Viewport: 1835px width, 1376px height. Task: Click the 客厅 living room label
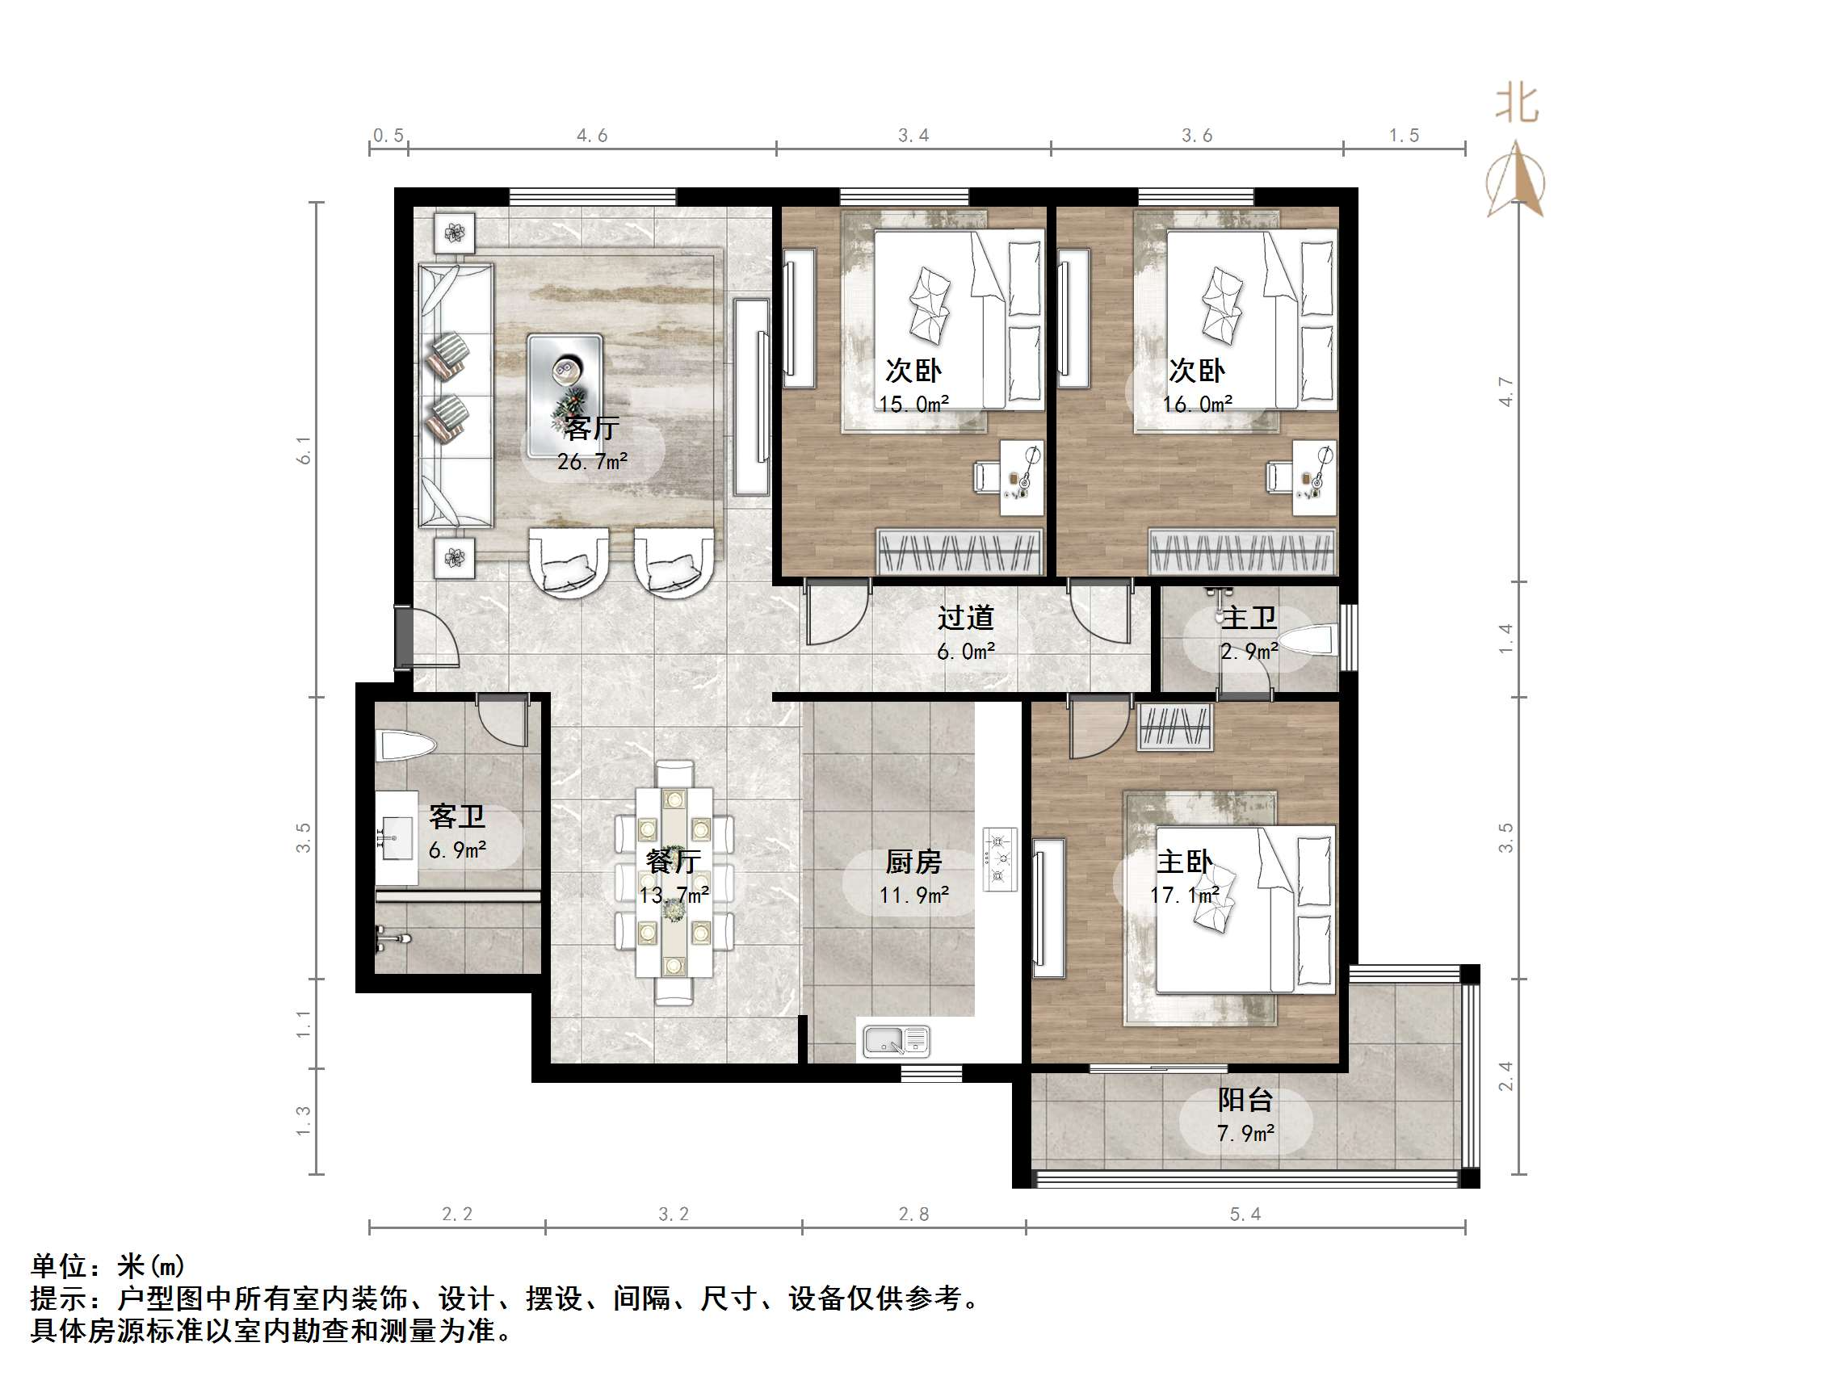[x=591, y=428]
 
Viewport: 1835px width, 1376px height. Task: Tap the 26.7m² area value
[x=591, y=461]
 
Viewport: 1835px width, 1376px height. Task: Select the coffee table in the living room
[x=565, y=384]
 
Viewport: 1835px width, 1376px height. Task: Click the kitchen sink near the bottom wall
[x=896, y=1041]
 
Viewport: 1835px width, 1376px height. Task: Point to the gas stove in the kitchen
[x=1000, y=858]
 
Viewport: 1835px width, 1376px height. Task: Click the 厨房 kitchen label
[x=913, y=862]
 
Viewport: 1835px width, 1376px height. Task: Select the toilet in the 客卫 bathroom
[x=405, y=745]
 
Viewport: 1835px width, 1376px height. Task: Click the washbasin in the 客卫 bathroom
[x=397, y=838]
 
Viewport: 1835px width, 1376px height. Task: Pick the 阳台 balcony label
[x=1245, y=1100]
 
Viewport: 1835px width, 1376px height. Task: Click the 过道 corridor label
[x=966, y=618]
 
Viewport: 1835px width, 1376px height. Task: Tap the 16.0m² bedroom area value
[x=1197, y=404]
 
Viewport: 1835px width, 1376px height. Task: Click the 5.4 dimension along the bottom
[x=1245, y=1214]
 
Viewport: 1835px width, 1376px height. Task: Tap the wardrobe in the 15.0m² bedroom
[x=959, y=551]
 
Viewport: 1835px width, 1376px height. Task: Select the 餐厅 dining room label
[x=673, y=861]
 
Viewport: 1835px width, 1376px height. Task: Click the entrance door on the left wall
[x=404, y=637]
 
